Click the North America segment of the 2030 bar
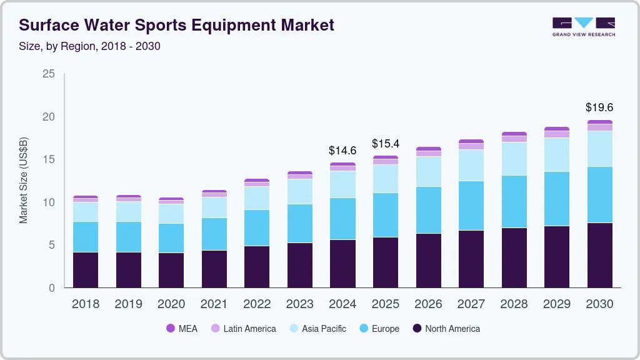click(599, 255)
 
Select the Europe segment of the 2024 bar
click(342, 219)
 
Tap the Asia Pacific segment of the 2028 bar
click(514, 159)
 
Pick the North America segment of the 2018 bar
click(86, 269)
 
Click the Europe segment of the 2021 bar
click(214, 234)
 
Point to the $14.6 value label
click(342, 151)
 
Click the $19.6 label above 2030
click(599, 107)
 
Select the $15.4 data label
click(385, 144)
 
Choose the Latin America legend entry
click(243, 328)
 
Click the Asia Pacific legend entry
click(317, 328)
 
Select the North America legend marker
click(417, 328)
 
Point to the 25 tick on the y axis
click(49, 74)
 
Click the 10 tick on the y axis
click(49, 202)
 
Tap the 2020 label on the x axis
click(171, 304)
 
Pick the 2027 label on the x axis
click(471, 304)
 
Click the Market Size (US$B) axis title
click(23, 180)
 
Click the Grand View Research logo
click(583, 26)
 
